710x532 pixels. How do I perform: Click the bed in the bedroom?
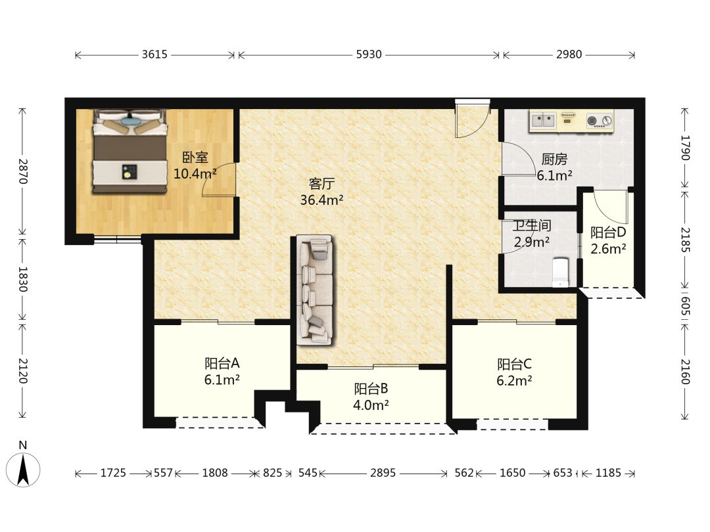[130, 152]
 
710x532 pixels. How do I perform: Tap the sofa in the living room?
[314, 290]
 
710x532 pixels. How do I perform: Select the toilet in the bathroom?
[560, 273]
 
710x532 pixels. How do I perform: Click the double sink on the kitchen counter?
[544, 120]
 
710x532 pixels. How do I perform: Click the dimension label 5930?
[369, 55]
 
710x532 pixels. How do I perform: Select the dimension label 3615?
[155, 55]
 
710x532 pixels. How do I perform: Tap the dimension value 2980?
[569, 55]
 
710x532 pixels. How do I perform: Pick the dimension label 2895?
[383, 473]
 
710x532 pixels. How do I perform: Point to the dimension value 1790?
[685, 148]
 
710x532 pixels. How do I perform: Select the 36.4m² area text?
[321, 200]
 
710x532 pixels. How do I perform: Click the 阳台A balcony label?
[222, 363]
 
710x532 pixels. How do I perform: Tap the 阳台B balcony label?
[371, 389]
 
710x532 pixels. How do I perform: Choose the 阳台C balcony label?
[514, 364]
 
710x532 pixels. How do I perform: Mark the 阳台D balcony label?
[608, 233]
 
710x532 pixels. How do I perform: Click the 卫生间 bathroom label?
[532, 225]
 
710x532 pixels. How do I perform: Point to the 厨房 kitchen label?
[554, 159]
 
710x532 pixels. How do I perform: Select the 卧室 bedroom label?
[195, 158]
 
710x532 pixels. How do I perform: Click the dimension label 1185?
[608, 473]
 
